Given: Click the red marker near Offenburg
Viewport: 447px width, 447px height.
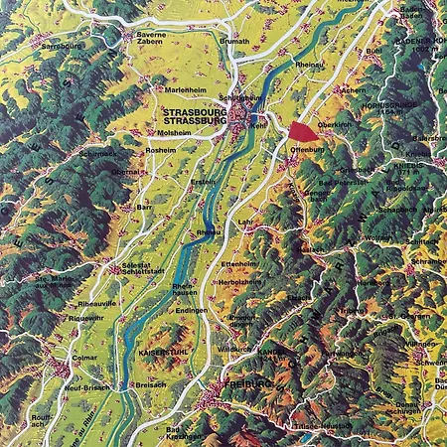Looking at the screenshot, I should coord(300,131).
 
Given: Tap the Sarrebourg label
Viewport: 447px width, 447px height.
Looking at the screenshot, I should coord(61,46).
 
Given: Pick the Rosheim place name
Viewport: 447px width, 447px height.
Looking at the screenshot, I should coord(160,150).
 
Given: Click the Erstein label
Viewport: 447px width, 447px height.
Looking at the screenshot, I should coord(204,182).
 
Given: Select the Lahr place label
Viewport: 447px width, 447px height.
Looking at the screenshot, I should coord(244,223).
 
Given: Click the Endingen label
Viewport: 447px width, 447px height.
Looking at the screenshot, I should coord(193,311).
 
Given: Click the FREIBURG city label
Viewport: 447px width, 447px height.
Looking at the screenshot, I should coord(248,383).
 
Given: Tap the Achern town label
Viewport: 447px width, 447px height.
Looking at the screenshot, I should coord(353,88).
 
